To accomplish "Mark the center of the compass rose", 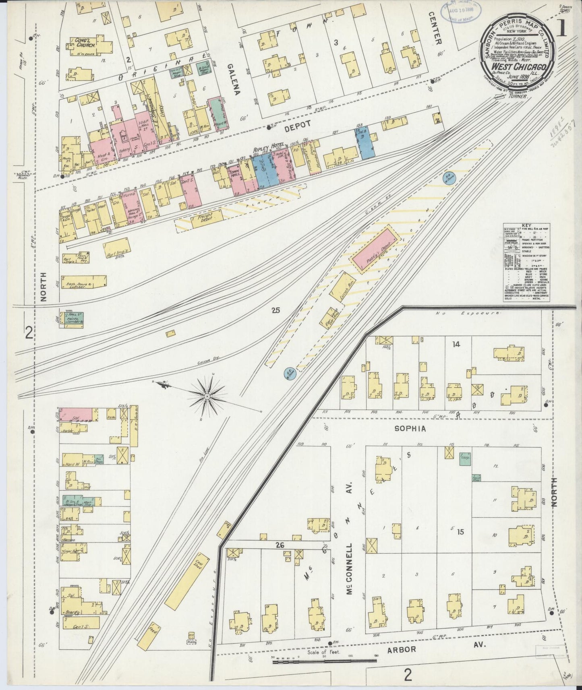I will coord(207,397).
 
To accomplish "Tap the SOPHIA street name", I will coord(410,429).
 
